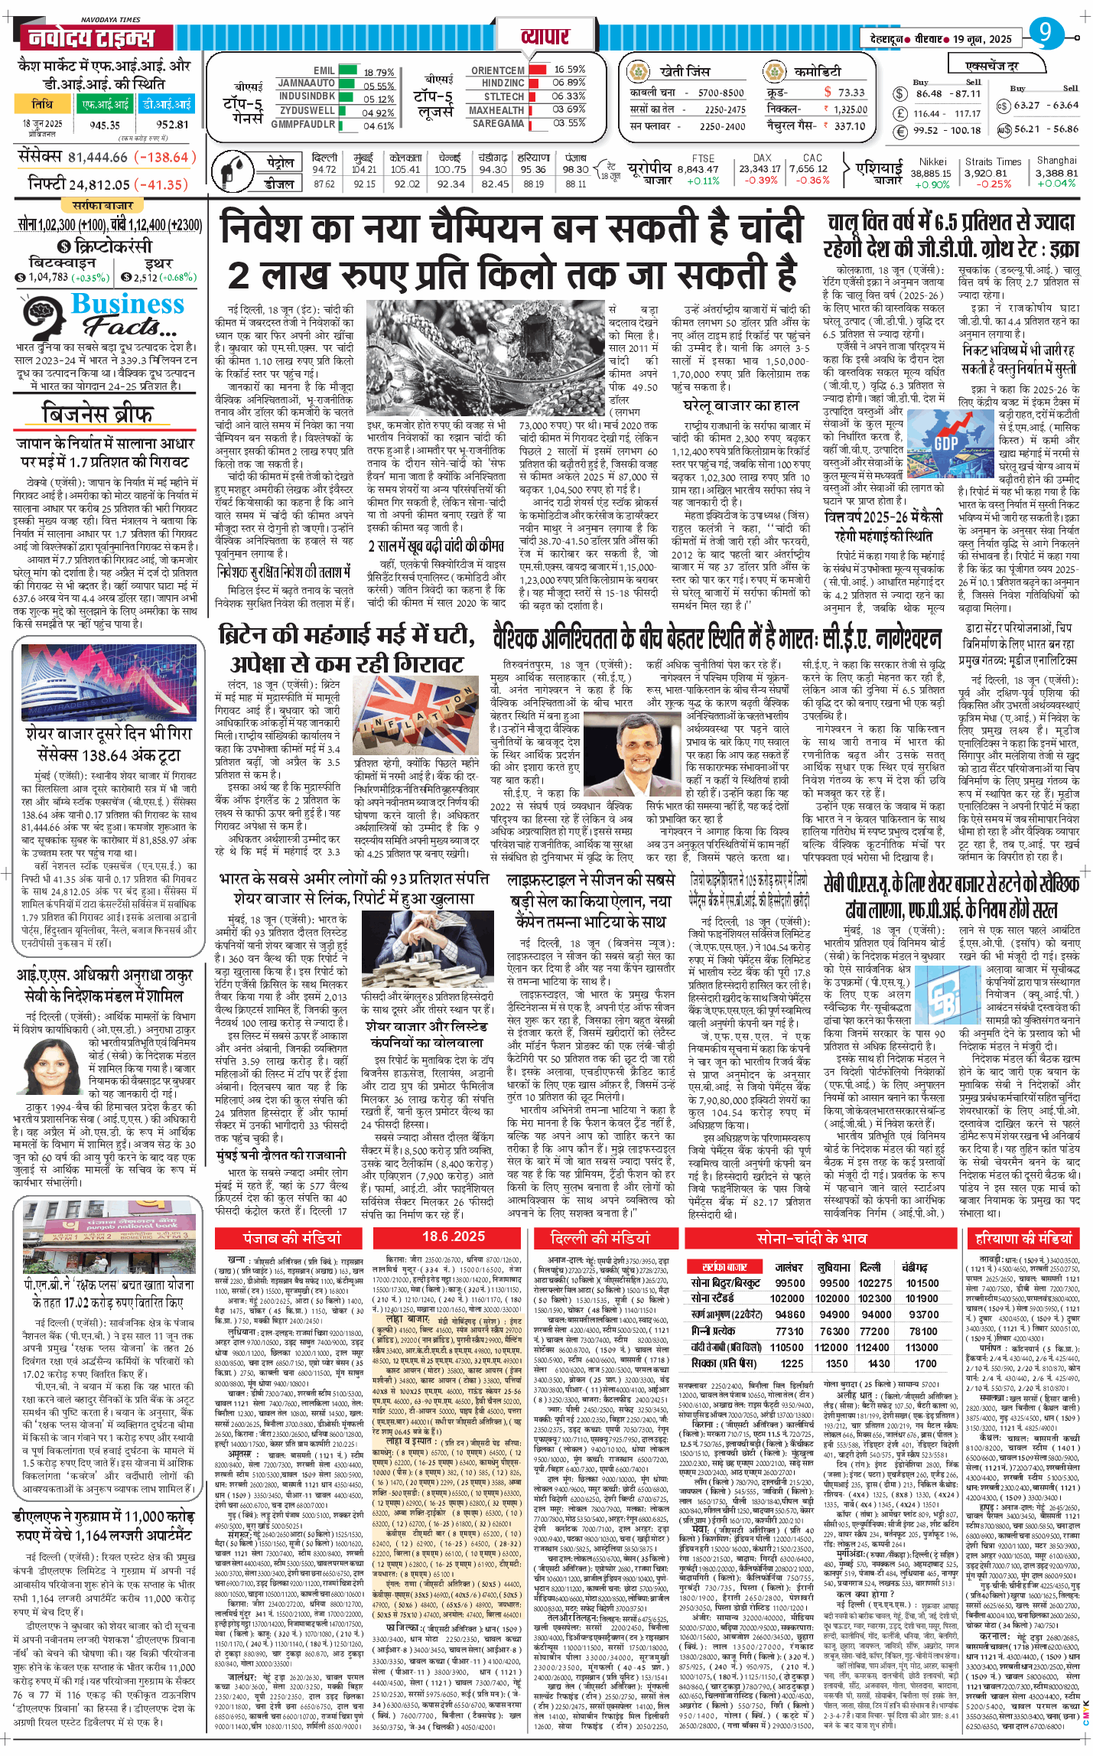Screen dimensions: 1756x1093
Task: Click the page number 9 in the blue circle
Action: [x=1046, y=32]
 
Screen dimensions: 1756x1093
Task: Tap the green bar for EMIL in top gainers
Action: [x=348, y=70]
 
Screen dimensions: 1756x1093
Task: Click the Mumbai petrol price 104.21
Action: [x=363, y=169]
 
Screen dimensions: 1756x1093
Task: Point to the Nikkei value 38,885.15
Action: [x=931, y=173]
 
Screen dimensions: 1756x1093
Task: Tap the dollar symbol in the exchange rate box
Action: [x=900, y=94]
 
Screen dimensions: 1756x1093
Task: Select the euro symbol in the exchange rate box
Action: [x=900, y=130]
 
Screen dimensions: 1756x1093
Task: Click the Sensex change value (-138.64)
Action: [x=161, y=158]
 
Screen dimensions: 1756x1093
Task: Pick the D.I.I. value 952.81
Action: [x=172, y=125]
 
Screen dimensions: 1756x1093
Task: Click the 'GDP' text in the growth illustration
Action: [x=946, y=443]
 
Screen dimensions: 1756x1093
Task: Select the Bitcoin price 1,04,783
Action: [x=47, y=277]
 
